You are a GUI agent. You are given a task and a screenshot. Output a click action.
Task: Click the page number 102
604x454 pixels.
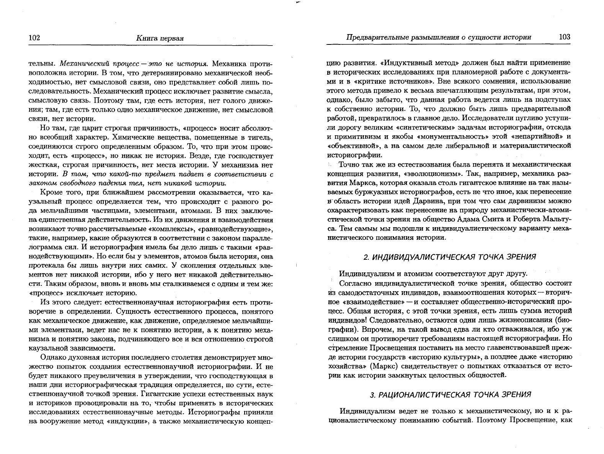34,38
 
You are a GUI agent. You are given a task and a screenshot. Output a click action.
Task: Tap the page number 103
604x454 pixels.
564,37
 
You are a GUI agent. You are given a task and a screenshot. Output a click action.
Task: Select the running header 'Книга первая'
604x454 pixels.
160,38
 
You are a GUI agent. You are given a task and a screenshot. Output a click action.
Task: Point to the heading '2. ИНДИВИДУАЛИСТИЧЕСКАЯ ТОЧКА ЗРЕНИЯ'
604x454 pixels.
449,257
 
